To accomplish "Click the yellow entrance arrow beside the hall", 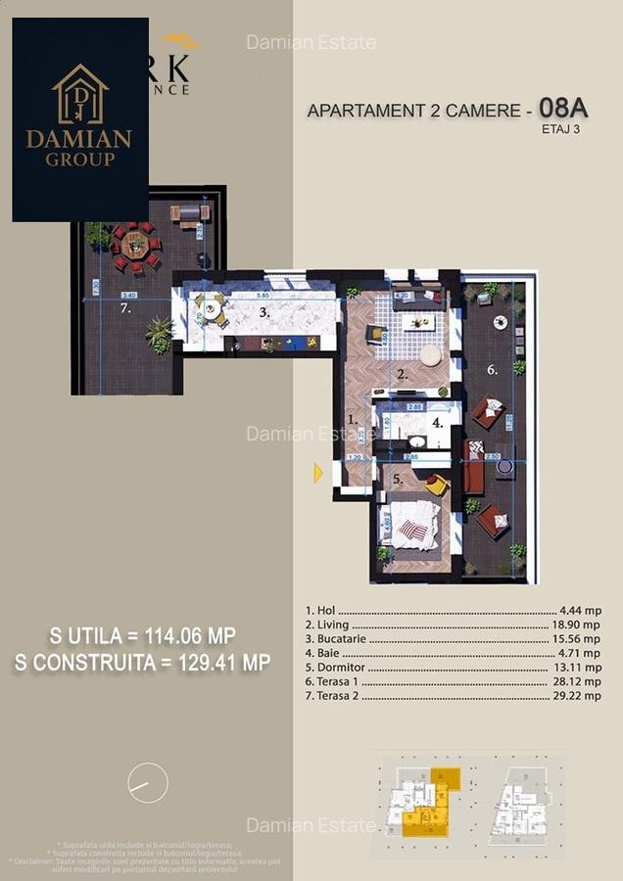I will coord(317,474).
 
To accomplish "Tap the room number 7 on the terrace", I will coord(125,307).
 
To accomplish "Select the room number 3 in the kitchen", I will coord(264,313).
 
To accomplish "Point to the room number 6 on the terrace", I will coord(493,370).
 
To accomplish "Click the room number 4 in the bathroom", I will coord(439,424).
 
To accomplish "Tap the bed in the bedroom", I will coord(412,526).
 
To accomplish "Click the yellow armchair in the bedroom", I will coord(436,484).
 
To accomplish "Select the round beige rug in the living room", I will coord(430,354).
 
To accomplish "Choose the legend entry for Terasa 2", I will coord(333,697).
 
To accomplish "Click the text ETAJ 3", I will coord(560,128).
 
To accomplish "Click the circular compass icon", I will coord(148,783).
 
